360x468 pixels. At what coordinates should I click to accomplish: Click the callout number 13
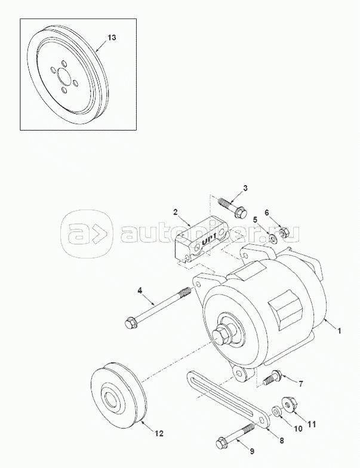click(x=112, y=38)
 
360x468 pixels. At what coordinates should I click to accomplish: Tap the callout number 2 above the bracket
click(x=176, y=212)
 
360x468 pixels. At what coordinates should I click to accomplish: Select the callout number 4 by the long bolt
click(x=140, y=290)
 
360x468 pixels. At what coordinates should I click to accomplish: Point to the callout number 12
click(x=159, y=433)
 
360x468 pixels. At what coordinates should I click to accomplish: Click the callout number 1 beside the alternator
click(x=339, y=331)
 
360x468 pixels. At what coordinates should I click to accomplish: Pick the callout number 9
click(x=252, y=451)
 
